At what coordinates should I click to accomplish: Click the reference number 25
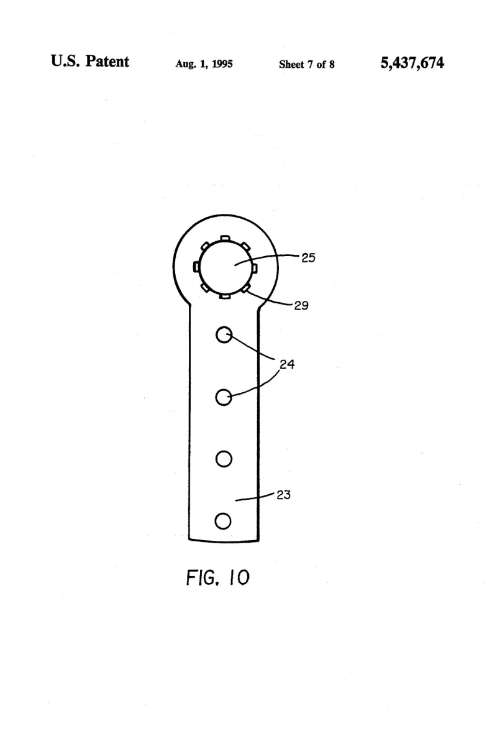[x=308, y=257]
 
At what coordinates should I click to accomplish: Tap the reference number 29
[x=301, y=305]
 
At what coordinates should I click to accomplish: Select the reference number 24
[x=287, y=364]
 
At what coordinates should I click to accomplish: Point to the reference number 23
[x=283, y=495]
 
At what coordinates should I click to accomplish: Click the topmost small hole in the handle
[x=224, y=334]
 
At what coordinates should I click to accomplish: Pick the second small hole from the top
[x=224, y=397]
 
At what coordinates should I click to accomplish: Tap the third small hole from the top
[x=224, y=459]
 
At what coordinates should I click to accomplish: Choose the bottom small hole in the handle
[x=223, y=521]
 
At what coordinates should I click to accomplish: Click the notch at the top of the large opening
[x=225, y=238]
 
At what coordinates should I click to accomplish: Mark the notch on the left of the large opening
[x=196, y=266]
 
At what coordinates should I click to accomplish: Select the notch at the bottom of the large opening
[x=224, y=296]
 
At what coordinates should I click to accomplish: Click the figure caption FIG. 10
[x=218, y=577]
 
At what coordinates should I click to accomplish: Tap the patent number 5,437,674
[x=413, y=62]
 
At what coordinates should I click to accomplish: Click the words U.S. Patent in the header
[x=90, y=61]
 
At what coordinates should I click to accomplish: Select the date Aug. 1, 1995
[x=204, y=64]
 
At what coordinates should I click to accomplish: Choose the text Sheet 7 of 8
[x=306, y=65]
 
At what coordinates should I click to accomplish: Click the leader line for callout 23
[x=255, y=497]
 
